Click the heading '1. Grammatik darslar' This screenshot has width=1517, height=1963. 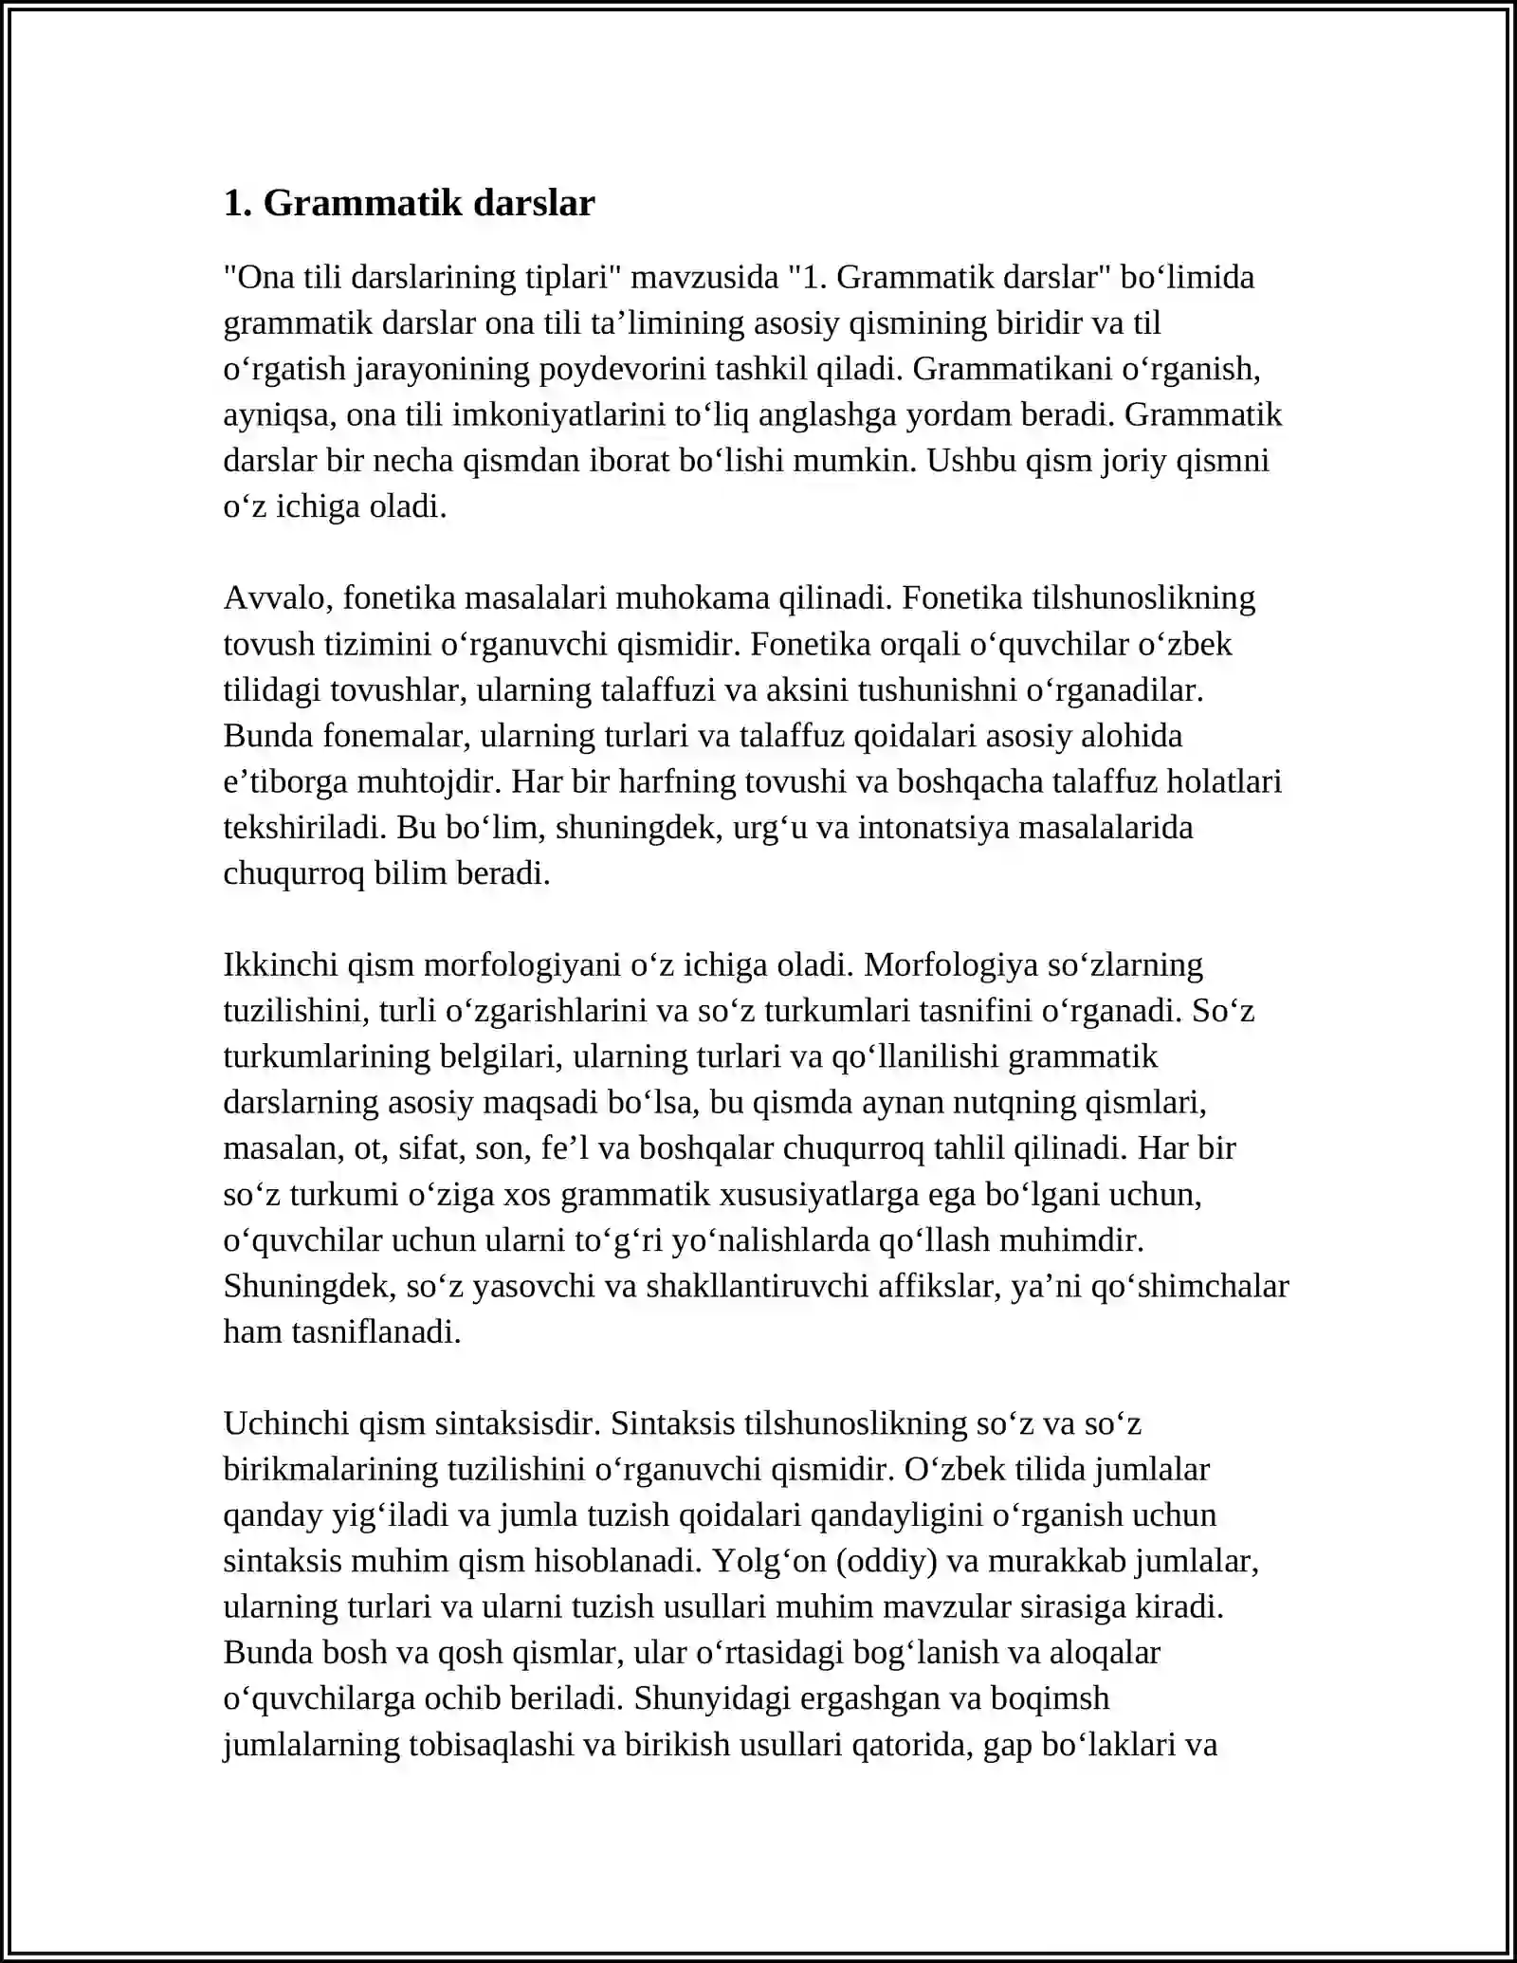[409, 203]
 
